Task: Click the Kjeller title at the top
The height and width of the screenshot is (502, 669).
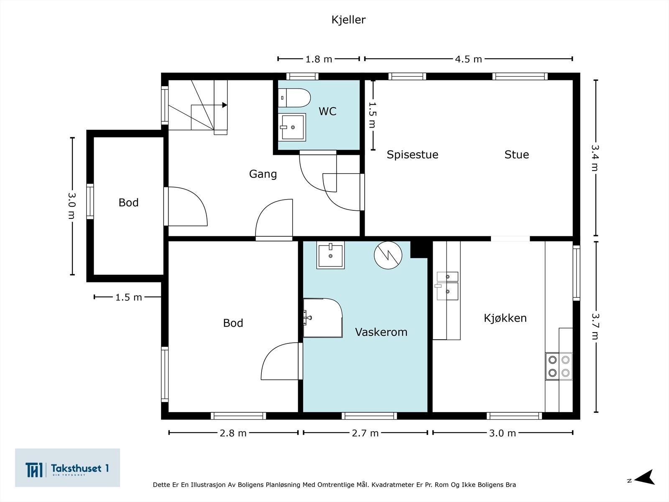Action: [348, 20]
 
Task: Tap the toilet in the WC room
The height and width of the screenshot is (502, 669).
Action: [294, 98]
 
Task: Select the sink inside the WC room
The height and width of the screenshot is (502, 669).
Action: [292, 127]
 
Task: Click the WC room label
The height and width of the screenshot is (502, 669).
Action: [328, 111]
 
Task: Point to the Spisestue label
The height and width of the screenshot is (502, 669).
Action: [412, 154]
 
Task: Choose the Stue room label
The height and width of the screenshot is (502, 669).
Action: [517, 154]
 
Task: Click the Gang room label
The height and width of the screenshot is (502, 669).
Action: [263, 174]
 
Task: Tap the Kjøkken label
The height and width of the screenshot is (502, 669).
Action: [505, 318]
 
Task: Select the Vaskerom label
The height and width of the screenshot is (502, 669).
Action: [381, 332]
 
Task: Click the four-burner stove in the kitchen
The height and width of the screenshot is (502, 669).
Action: [559, 366]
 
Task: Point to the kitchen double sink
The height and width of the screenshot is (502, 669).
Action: [447, 286]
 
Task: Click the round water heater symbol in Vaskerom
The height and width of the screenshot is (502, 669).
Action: [388, 255]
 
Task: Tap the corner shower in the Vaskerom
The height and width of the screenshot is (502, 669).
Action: [323, 318]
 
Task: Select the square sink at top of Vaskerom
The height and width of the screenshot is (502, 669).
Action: [330, 255]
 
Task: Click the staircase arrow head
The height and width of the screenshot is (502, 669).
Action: [225, 105]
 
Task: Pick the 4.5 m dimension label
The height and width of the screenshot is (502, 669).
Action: [468, 59]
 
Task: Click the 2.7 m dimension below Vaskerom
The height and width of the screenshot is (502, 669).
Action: [365, 433]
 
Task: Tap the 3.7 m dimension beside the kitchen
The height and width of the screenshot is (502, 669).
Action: [595, 326]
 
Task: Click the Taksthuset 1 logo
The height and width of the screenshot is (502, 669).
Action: [67, 468]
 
